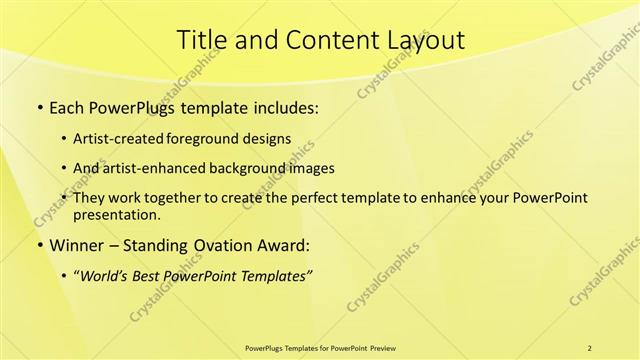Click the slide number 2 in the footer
point(589,347)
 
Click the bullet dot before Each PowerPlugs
point(39,108)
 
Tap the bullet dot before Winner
point(39,246)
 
